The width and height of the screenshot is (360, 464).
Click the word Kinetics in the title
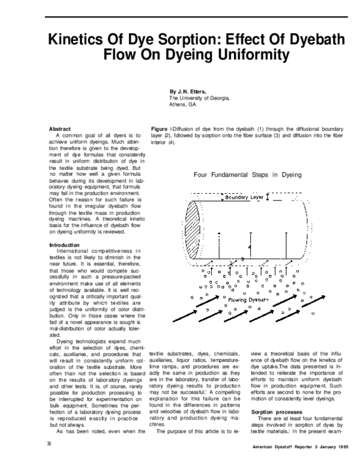(x=75, y=40)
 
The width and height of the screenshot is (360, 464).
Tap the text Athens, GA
(x=183, y=104)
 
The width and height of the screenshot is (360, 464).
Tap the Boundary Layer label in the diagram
(x=243, y=197)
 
